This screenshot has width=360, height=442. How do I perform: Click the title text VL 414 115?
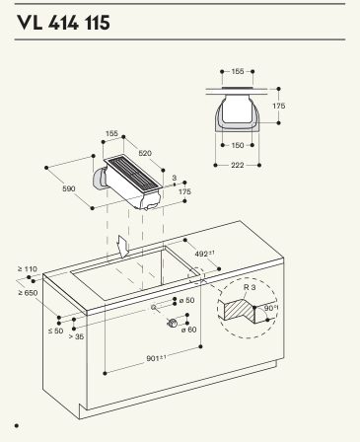coord(63,23)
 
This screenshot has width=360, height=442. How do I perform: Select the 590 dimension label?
coord(69,188)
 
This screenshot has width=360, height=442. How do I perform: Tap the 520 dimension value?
coord(145,153)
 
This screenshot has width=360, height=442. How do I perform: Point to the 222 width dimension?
coord(237,165)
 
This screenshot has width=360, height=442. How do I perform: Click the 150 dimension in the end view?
coord(238,145)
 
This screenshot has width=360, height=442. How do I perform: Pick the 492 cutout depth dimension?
coord(204,254)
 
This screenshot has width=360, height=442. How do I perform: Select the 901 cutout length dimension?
coord(156,358)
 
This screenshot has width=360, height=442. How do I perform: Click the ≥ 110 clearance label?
coord(28,268)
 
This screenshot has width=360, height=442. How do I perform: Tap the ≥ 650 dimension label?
coord(28,292)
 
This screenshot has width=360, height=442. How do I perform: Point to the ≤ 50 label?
coord(55,331)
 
